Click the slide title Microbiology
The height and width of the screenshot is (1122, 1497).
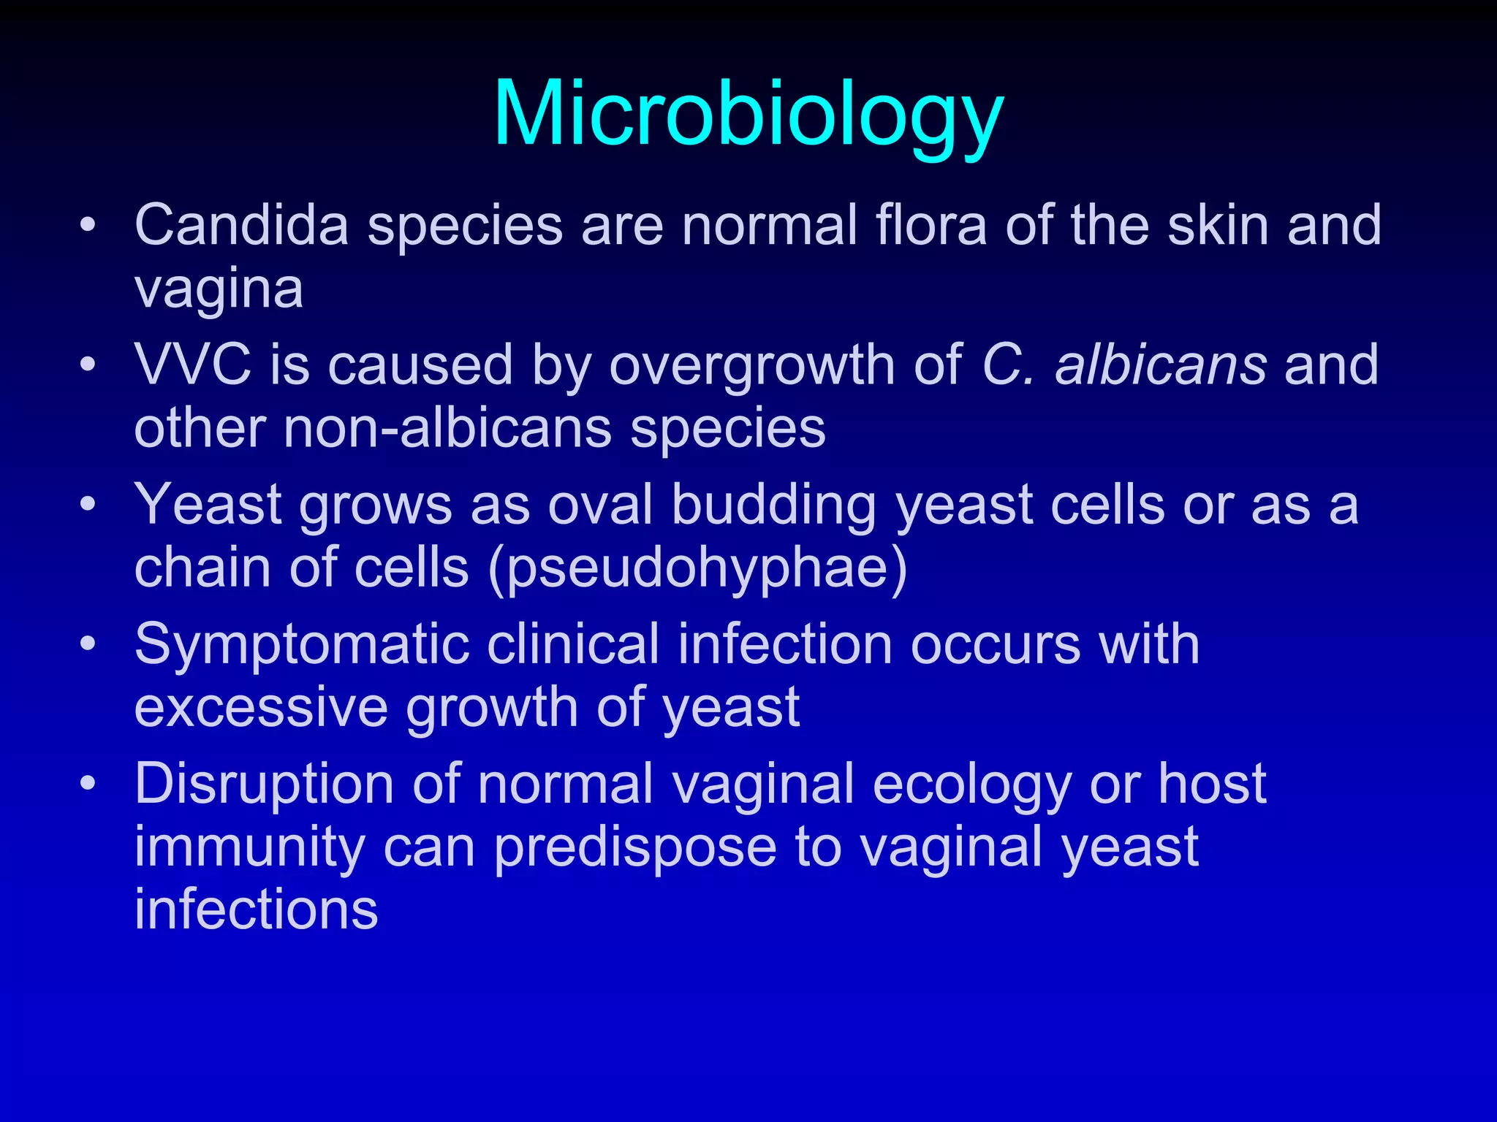click(748, 115)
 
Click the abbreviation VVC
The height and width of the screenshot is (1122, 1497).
click(193, 365)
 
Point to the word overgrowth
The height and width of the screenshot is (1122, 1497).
click(752, 365)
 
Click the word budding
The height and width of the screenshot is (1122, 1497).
click(774, 505)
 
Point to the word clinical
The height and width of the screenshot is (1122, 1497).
click(574, 645)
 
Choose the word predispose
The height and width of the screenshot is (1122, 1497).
click(635, 847)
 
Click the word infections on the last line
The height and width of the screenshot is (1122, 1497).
click(257, 910)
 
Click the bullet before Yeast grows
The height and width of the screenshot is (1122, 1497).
click(88, 505)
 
